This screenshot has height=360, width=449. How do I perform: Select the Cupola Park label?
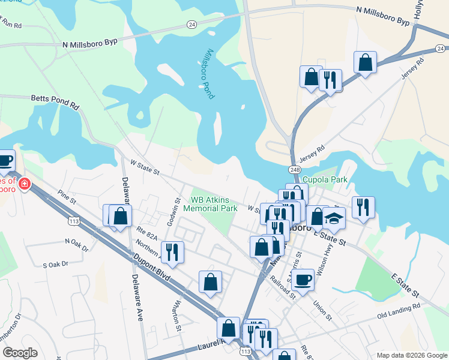pos(325,179)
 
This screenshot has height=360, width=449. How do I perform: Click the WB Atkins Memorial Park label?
pos(214,204)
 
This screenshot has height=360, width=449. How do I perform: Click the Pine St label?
pos(69,197)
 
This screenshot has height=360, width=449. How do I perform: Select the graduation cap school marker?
pos(335,219)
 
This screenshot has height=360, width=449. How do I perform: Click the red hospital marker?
pos(24,184)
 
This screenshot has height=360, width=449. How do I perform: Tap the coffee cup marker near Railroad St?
pos(303,279)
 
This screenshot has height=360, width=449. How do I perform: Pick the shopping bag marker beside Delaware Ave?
pos(120,216)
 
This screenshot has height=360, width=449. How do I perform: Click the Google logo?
pos(20,353)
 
